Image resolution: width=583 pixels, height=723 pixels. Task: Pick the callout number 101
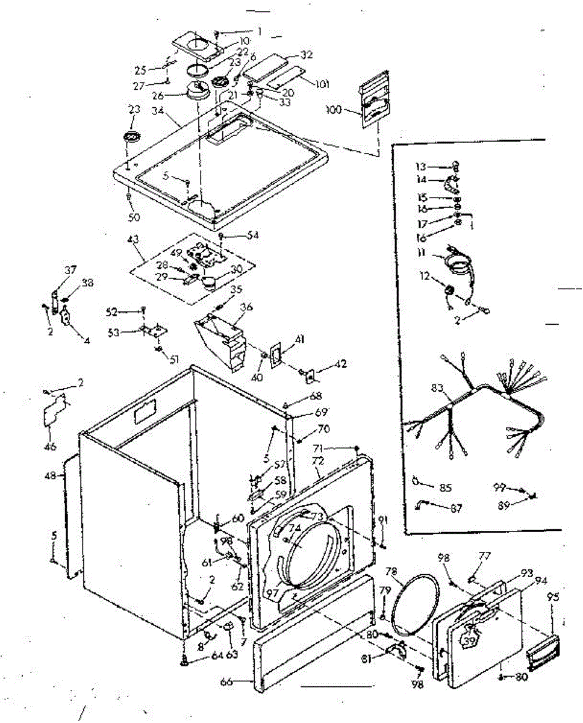(322, 84)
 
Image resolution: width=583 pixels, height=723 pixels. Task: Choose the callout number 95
(552, 599)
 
